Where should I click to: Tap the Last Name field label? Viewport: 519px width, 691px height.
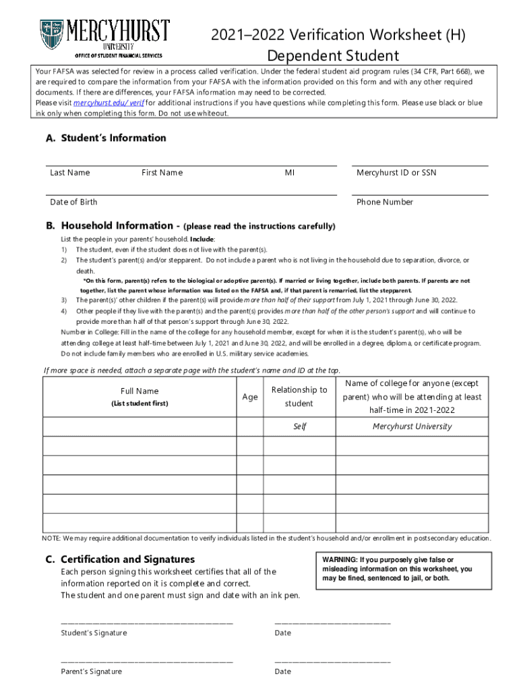pos(70,173)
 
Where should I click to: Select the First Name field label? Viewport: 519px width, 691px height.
pos(162,173)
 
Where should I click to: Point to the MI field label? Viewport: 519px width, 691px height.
pos(289,173)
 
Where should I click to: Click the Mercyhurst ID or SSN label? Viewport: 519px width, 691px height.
pos(396,173)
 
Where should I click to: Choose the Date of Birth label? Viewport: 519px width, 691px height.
pos(73,202)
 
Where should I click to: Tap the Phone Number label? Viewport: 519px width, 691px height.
pos(385,202)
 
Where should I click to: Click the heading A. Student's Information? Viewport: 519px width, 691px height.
pos(106,138)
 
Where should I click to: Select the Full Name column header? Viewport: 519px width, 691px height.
pos(140,391)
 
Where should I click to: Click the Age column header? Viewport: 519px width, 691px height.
pos(250,397)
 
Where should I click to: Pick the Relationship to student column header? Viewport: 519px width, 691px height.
pos(299,397)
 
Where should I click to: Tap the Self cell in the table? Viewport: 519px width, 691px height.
pos(299,426)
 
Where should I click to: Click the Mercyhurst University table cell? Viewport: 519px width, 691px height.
pos(412,426)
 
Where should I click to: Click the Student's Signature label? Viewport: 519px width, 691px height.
pos(94,633)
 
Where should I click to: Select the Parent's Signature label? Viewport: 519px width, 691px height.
pos(92,671)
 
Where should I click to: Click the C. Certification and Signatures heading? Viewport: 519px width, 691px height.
pos(120,559)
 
